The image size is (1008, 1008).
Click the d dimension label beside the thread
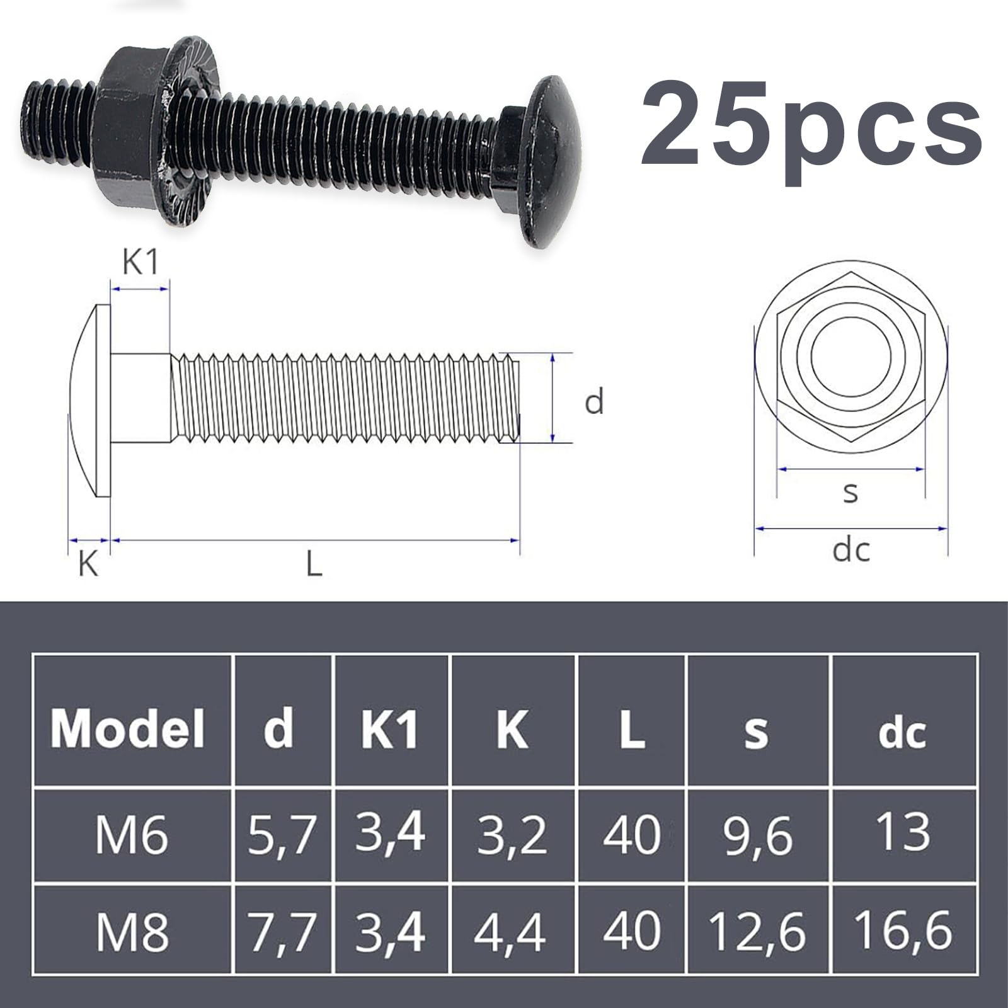coord(594,401)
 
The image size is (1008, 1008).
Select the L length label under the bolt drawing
coord(314,563)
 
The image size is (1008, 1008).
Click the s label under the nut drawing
coord(850,492)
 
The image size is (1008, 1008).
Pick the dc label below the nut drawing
coord(850,551)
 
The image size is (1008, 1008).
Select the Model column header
coord(129,729)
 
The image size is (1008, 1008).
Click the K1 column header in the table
coord(390,729)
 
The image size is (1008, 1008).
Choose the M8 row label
coord(132,932)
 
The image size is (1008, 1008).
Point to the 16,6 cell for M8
coord(903,931)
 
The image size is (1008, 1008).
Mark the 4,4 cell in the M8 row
coord(510,932)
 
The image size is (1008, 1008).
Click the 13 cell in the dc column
coord(903,832)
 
